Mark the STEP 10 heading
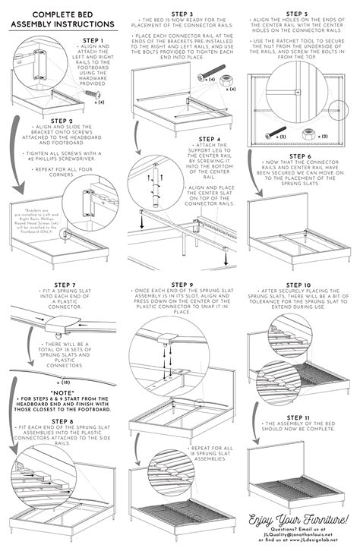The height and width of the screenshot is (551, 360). point(298,285)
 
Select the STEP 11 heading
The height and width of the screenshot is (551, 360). point(298,417)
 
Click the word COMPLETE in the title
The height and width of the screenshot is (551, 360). point(41,14)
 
